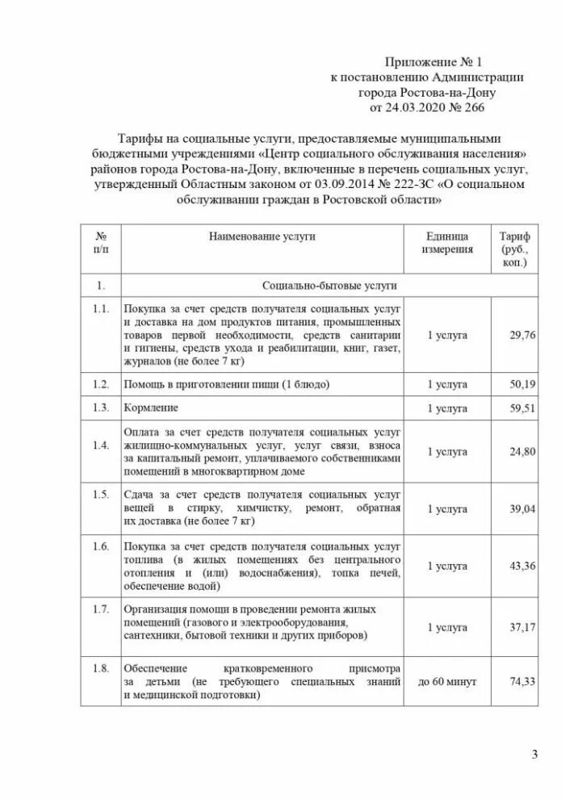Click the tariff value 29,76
point(522,335)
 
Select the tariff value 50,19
point(522,384)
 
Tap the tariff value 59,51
point(522,408)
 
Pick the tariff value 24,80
point(522,452)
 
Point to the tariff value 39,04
point(522,509)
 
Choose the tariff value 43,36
point(522,567)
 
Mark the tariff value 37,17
point(522,627)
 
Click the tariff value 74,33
point(522,682)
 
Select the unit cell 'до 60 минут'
point(446,682)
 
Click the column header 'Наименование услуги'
point(262,236)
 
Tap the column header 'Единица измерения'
point(446,243)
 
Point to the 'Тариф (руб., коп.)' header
point(514,249)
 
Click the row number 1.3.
point(101,408)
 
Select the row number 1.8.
point(101,668)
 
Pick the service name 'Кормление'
point(151,408)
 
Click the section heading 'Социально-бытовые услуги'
point(329,286)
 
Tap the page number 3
point(534,755)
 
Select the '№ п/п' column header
point(101,243)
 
